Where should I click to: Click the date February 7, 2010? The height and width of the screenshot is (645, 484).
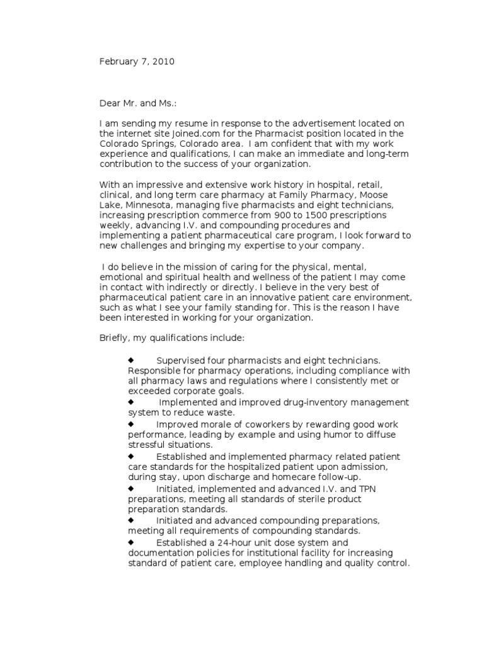137,62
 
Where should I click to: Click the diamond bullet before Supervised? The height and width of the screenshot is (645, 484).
131,360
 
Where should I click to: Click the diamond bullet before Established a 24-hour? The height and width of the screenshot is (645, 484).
131,542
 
